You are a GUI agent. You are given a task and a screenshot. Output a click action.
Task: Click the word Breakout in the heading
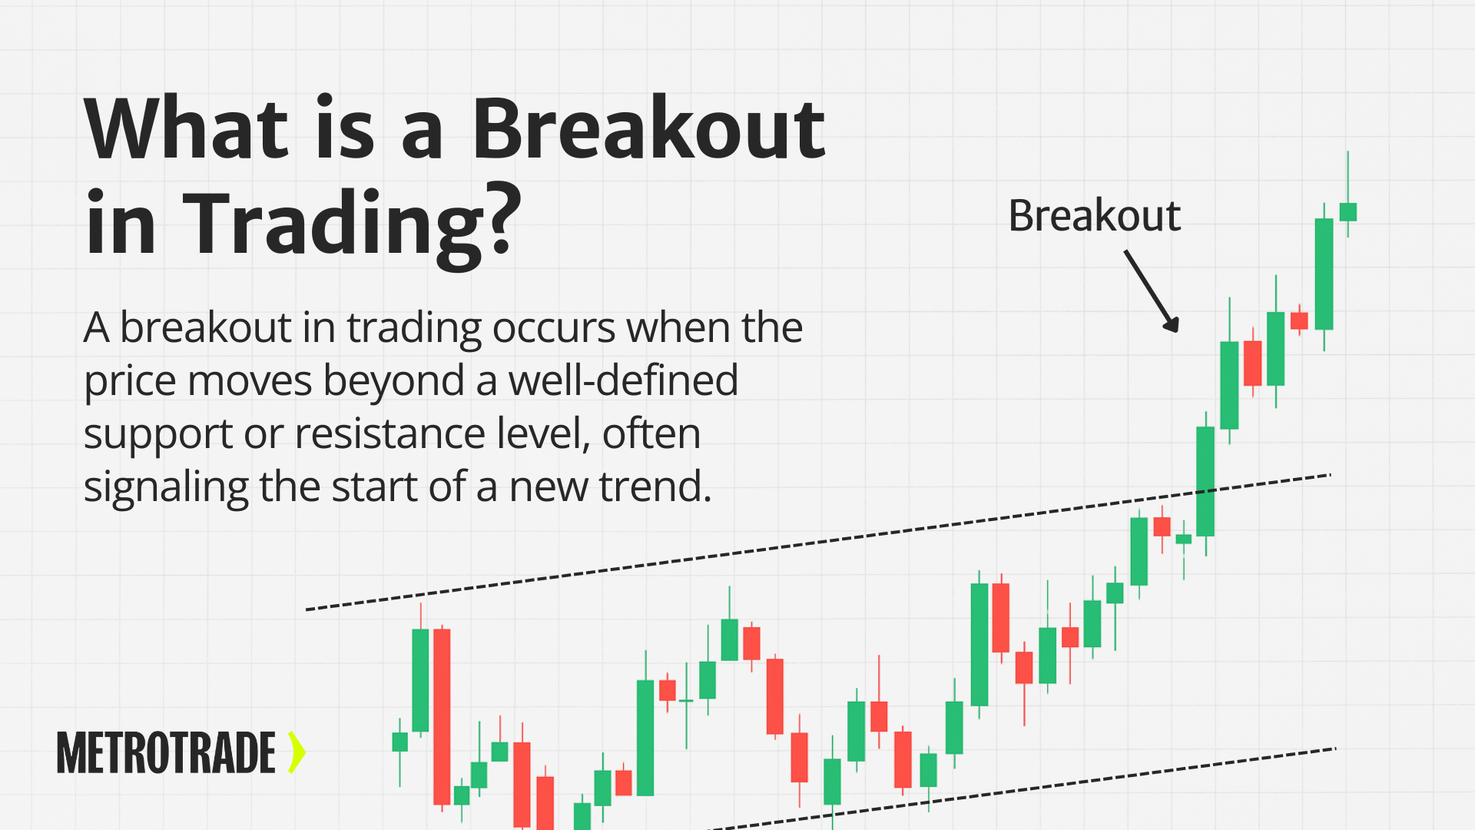648,128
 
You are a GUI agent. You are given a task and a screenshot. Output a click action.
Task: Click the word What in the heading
187,128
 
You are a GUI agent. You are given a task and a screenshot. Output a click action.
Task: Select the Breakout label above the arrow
1094,215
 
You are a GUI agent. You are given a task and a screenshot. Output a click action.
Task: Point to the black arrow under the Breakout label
1151,290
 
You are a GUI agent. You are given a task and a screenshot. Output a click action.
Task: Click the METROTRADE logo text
166,752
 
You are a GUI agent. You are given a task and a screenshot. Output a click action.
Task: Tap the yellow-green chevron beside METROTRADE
297,752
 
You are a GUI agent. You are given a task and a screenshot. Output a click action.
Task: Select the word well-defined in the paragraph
623,380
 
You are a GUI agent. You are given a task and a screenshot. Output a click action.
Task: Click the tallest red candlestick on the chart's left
442,716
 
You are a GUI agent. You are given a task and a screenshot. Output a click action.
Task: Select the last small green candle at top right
1348,211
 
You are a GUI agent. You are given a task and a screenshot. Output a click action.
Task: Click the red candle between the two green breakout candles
1252,363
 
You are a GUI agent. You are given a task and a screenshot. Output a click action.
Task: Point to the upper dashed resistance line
818,542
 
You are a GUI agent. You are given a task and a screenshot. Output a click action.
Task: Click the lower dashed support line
1022,788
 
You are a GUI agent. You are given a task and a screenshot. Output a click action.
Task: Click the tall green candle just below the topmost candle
1324,274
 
